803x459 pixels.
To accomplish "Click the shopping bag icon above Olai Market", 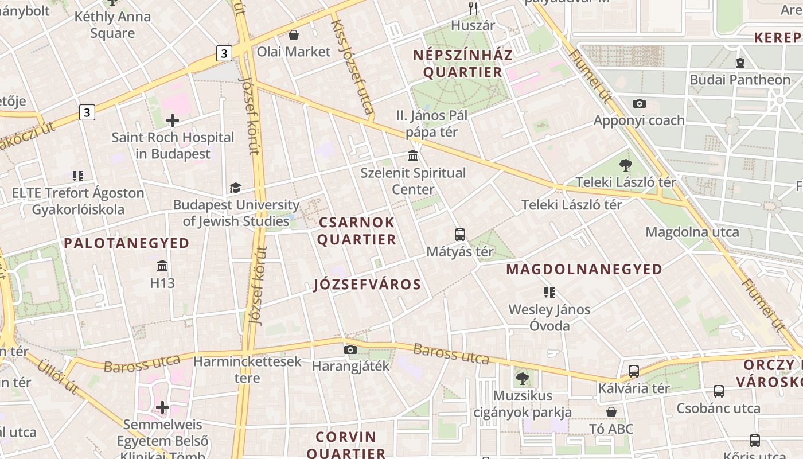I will point(294,35).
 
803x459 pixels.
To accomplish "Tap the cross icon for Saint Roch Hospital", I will point(173,120).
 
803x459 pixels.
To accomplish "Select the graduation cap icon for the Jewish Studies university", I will point(235,188).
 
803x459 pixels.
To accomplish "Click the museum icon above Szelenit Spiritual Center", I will point(413,155).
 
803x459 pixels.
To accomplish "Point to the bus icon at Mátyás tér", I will point(460,234).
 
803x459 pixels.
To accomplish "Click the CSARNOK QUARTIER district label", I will point(357,231).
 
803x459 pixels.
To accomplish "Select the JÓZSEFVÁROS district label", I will point(368,285).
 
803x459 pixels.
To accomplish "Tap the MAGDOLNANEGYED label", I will point(584,269).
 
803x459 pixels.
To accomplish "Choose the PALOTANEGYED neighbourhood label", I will point(127,243).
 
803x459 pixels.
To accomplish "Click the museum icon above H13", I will point(162,266).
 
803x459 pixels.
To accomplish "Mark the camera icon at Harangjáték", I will point(350,349).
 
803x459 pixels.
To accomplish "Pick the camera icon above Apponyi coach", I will point(639,104).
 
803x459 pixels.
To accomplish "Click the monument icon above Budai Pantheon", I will point(740,63).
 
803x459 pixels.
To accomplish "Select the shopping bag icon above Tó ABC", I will point(611,412).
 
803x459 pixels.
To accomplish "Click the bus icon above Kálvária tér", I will point(634,371).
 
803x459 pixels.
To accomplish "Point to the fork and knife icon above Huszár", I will point(473,8).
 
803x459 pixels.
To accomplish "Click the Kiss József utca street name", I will point(353,63).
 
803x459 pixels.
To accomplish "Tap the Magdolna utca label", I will point(692,232).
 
